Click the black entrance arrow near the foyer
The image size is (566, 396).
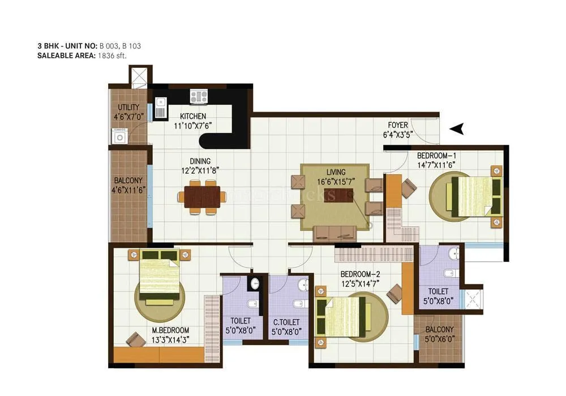457,130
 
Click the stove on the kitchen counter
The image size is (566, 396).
199,96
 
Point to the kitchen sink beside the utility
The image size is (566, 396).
160,107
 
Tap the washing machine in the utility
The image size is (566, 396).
119,136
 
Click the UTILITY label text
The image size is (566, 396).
128,107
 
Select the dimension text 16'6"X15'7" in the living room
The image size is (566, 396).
336,181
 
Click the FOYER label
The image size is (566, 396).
398,125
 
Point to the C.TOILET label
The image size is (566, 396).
286,322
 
